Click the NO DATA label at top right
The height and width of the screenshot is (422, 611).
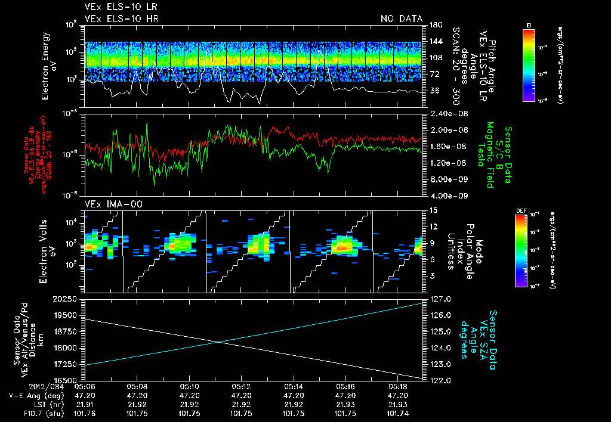[401, 18]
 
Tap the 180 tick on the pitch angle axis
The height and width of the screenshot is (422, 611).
[434, 25]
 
